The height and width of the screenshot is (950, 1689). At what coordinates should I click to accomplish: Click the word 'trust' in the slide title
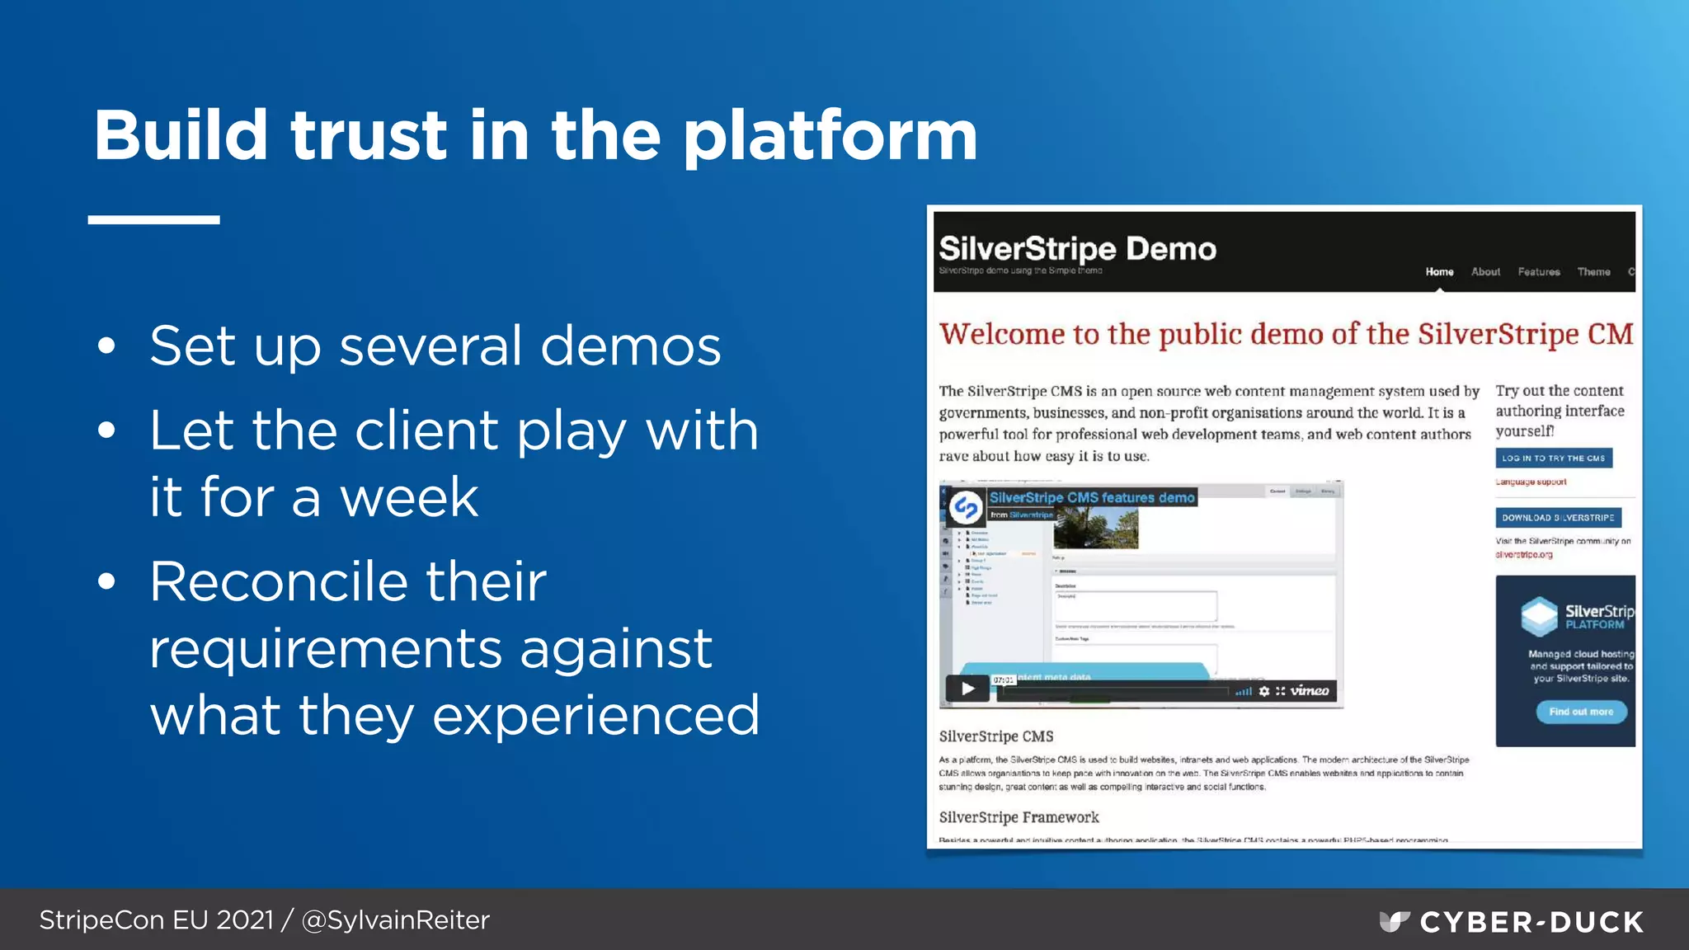click(369, 137)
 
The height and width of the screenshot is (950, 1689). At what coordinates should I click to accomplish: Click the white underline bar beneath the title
click(154, 220)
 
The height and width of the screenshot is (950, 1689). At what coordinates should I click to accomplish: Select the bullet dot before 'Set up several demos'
click(106, 346)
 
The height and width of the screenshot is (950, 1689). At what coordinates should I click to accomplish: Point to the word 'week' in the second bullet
click(409, 498)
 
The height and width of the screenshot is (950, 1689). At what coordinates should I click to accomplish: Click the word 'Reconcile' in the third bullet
click(348, 582)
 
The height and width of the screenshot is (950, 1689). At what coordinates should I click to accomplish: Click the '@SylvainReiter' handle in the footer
click(396, 920)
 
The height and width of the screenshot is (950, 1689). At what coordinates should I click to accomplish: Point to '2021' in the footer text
click(245, 920)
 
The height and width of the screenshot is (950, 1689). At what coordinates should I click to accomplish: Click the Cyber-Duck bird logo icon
click(1394, 921)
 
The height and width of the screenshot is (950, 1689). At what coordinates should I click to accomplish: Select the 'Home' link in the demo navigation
click(1439, 272)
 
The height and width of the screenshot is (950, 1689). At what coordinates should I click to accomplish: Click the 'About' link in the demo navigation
click(1485, 272)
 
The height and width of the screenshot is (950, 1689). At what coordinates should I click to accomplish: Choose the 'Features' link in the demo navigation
click(1539, 272)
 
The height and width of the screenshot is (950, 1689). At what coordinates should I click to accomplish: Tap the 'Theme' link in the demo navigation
click(1593, 272)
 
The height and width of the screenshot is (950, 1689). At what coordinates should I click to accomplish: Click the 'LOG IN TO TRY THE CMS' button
click(1554, 459)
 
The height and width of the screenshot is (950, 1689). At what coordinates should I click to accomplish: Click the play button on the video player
click(967, 689)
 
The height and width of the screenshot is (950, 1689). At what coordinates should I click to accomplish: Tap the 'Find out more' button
click(1581, 712)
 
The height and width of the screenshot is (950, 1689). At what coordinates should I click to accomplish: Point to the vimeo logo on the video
click(1310, 691)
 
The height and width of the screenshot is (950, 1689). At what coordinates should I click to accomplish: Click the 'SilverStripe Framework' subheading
click(1019, 817)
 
